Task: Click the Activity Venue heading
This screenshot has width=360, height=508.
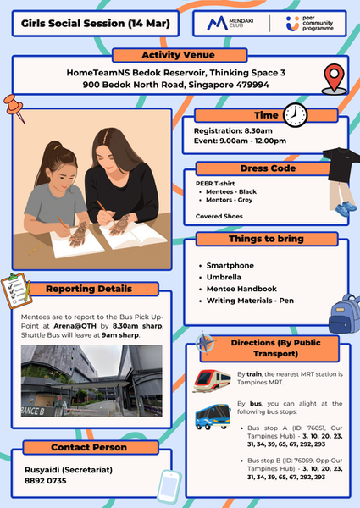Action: pyautogui.click(x=179, y=55)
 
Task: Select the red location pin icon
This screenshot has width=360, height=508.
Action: pyautogui.click(x=335, y=79)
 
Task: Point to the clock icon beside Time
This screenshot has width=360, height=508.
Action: pyautogui.click(x=295, y=113)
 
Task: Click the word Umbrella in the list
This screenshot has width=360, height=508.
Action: pyautogui.click(x=226, y=278)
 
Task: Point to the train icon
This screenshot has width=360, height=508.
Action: pyautogui.click(x=209, y=378)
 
